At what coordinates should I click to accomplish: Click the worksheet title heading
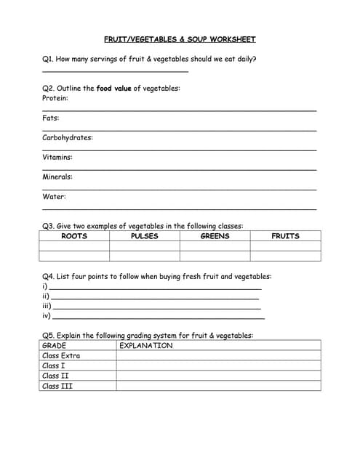pyautogui.click(x=180, y=39)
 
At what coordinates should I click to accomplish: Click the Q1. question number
pyautogui.click(x=48, y=59)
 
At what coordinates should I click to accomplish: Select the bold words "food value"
pyautogui.click(x=113, y=88)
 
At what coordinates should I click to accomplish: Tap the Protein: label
pyautogui.click(x=55, y=97)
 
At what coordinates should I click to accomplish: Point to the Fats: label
pyautogui.click(x=51, y=118)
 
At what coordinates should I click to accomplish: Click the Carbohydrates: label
pyautogui.click(x=68, y=137)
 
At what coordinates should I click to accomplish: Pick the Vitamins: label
pyautogui.click(x=57, y=157)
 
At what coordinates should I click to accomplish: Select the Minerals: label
pyautogui.click(x=57, y=177)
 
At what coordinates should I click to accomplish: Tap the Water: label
pyautogui.click(x=54, y=196)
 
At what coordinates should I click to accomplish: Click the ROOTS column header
pyautogui.click(x=74, y=236)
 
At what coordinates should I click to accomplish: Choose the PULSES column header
pyautogui.click(x=144, y=236)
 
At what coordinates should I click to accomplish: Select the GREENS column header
pyautogui.click(x=215, y=236)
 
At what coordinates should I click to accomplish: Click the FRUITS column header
pyautogui.click(x=285, y=236)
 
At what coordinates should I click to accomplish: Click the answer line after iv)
pyautogui.click(x=159, y=318)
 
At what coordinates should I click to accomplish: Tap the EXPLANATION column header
pyautogui.click(x=146, y=346)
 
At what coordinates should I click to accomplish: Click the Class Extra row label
pyautogui.click(x=61, y=356)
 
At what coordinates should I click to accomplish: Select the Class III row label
pyautogui.click(x=57, y=386)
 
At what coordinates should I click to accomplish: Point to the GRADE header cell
pyautogui.click(x=55, y=346)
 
